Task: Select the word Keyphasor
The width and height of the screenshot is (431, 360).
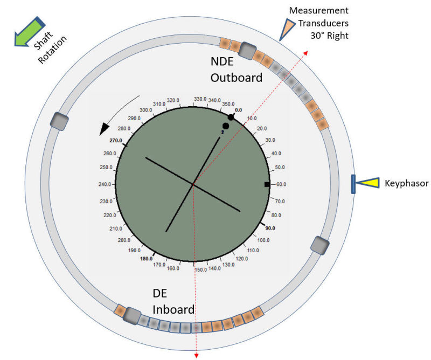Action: (x=406, y=184)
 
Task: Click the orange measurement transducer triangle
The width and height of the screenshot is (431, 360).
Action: (x=287, y=28)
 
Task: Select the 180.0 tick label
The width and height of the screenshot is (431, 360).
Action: (x=146, y=258)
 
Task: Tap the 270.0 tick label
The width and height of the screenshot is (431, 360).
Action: (x=116, y=140)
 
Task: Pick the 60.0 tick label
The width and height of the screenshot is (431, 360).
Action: (x=280, y=184)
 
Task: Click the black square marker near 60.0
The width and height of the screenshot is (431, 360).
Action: (x=267, y=184)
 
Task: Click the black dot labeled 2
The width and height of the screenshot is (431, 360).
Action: (x=226, y=126)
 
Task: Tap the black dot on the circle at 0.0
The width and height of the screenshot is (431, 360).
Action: (x=231, y=117)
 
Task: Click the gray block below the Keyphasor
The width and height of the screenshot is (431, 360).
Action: (x=319, y=245)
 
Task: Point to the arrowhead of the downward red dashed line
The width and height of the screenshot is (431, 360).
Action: (x=196, y=354)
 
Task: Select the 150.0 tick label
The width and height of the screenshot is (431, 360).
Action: (x=200, y=270)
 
